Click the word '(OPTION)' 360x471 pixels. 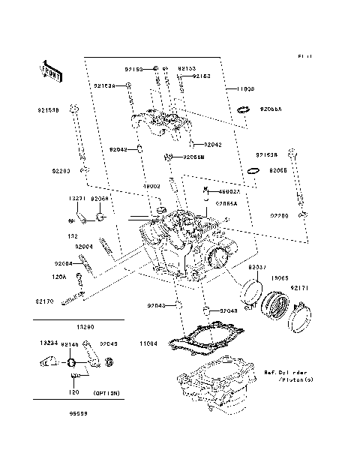point(108,393)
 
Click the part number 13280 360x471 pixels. point(86,327)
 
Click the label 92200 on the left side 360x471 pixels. point(61,171)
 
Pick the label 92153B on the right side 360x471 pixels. point(267,154)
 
